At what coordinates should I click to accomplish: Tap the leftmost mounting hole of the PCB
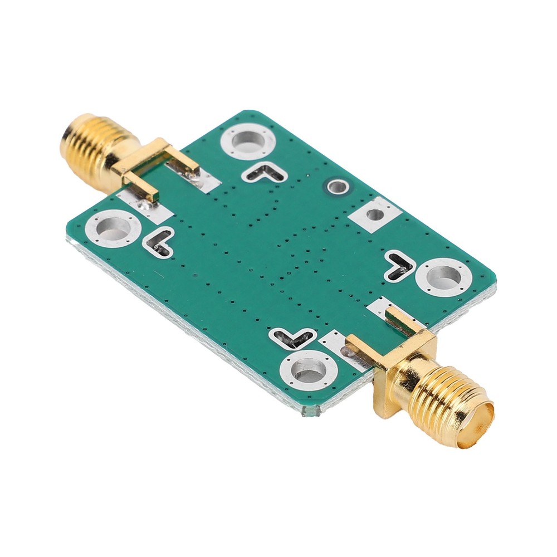(113, 228)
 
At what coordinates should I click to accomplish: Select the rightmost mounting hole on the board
(444, 276)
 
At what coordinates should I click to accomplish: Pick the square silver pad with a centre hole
(376, 214)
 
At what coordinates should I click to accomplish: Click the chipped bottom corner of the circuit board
(310, 412)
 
